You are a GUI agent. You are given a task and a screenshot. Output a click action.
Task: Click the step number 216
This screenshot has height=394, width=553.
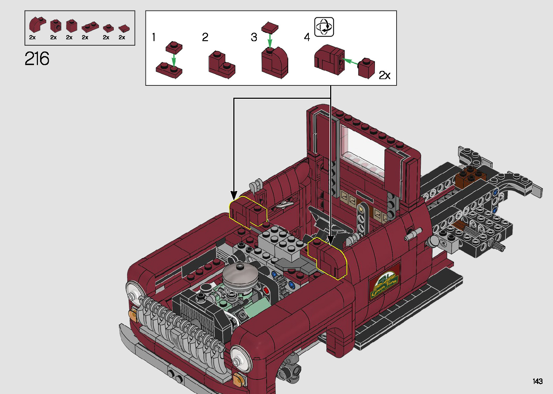coord(37,59)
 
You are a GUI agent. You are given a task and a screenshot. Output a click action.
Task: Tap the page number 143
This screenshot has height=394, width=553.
coord(537,381)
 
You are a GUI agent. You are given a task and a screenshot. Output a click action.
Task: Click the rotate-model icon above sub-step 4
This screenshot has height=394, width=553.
coord(324,27)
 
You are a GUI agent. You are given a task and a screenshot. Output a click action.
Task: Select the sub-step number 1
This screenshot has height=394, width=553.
coord(154,37)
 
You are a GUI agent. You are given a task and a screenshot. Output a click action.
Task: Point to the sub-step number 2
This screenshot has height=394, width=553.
coord(205,37)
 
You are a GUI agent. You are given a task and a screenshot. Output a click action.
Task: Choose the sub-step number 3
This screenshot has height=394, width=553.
coord(254,37)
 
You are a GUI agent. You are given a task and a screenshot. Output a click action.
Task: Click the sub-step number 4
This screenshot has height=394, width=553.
coord(307,37)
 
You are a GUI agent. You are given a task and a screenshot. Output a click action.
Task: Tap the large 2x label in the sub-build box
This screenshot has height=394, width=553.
coord(384,75)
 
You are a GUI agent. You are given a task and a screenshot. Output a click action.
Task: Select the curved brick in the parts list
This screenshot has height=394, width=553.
coord(37,25)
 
